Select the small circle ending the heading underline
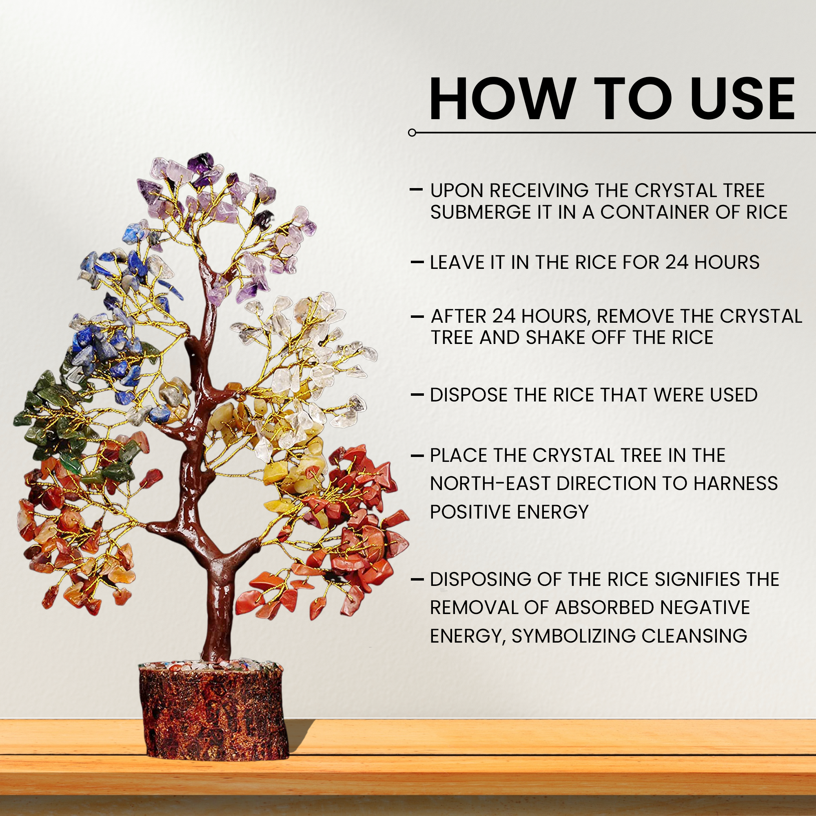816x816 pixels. point(412,133)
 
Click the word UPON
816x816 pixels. point(457,191)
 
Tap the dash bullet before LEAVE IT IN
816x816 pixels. point(417,262)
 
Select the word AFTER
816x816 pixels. point(459,316)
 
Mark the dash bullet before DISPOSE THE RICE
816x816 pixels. point(417,395)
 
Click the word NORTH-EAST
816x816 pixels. point(490,483)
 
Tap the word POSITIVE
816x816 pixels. point(470,512)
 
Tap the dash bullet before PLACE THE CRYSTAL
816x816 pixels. point(417,456)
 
